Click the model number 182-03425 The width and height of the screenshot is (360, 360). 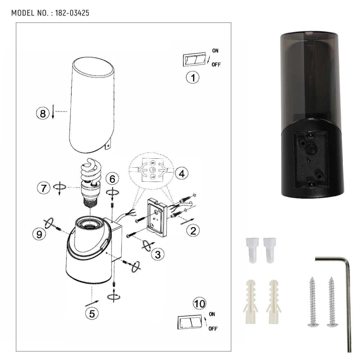pyautogui.click(x=72, y=13)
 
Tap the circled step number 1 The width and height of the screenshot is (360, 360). pyautogui.click(x=193, y=77)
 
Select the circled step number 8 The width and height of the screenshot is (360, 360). pyautogui.click(x=43, y=114)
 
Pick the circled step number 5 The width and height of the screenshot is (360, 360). pyautogui.click(x=92, y=313)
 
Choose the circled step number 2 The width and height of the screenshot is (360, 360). pyautogui.click(x=193, y=230)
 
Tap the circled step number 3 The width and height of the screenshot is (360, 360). pyautogui.click(x=157, y=254)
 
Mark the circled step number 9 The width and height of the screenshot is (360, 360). pyautogui.click(x=39, y=234)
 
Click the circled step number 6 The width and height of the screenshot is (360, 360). pyautogui.click(x=112, y=179)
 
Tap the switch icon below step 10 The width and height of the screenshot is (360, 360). pyautogui.click(x=190, y=323)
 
